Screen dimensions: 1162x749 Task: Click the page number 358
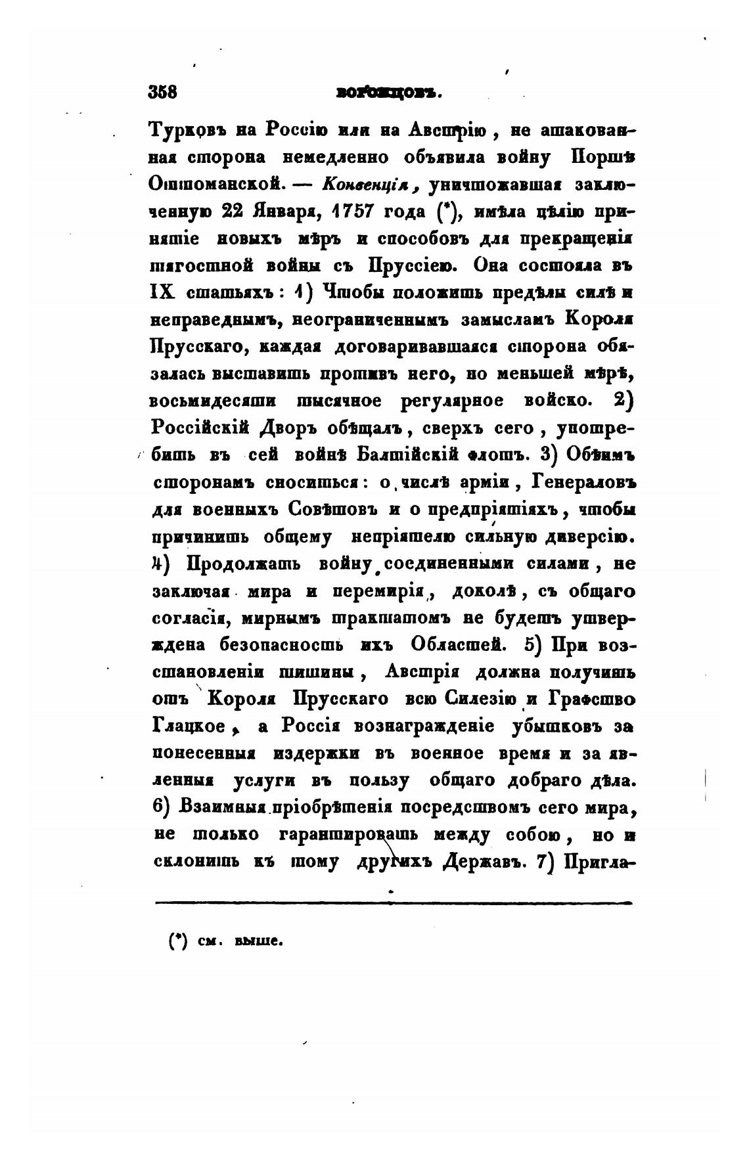click(164, 92)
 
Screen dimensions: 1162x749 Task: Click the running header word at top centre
click(387, 93)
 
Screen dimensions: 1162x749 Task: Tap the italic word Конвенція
click(372, 185)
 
